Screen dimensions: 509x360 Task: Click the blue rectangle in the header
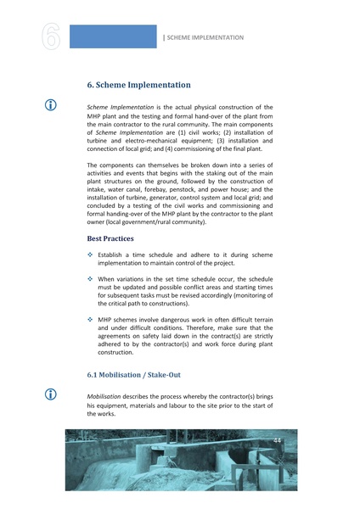pyautogui.click(x=112, y=36)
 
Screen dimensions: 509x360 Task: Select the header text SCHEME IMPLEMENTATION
pyautogui.click(x=205, y=37)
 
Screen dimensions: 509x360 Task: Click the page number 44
pyautogui.click(x=278, y=440)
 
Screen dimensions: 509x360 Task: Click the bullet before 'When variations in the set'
pyautogui.click(x=91, y=278)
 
